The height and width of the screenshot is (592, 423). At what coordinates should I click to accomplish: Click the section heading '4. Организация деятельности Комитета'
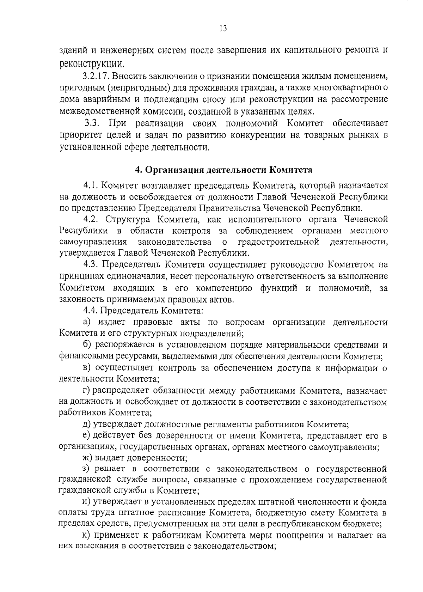pyautogui.click(x=224, y=170)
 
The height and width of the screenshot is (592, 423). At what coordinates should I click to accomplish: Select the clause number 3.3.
pyautogui.click(x=93, y=123)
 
